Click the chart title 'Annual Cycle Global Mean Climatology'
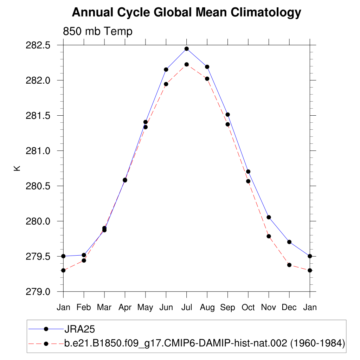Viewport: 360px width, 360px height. (x=186, y=13)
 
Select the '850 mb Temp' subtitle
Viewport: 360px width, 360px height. (x=97, y=32)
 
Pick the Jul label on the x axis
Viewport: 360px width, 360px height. (x=187, y=307)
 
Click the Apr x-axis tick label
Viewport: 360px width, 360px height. (x=125, y=307)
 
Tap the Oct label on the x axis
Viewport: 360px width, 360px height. (x=248, y=307)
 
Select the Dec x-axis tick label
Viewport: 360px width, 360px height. (x=289, y=307)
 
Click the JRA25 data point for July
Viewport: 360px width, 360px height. (x=187, y=49)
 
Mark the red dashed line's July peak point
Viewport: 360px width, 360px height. (x=187, y=64)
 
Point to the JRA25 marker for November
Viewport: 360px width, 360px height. (x=269, y=217)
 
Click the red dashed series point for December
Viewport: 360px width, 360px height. (x=289, y=265)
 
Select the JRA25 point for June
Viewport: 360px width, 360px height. (x=166, y=70)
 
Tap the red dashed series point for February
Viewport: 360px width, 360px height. (x=84, y=261)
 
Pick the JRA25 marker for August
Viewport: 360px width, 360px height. (x=207, y=67)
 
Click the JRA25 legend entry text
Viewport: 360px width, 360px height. (x=80, y=329)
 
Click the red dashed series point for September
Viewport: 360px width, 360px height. (x=227, y=124)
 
